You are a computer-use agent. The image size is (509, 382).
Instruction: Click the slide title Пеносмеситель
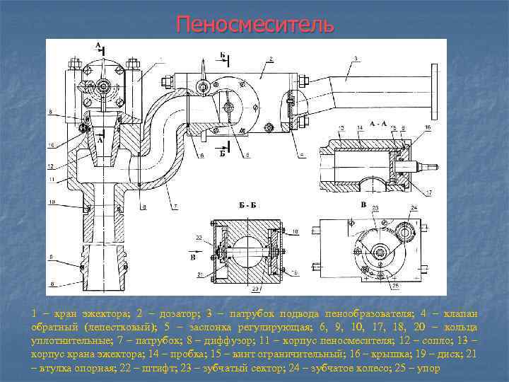[x=254, y=24]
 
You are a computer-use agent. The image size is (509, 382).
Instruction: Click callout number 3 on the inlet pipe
[x=355, y=58]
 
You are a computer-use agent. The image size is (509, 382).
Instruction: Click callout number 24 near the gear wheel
[x=414, y=207]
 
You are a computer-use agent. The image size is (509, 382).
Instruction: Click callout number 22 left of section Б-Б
[x=201, y=236]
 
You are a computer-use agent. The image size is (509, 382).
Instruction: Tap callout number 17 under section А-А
[x=430, y=192]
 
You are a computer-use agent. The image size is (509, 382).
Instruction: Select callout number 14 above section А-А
[x=360, y=127]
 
